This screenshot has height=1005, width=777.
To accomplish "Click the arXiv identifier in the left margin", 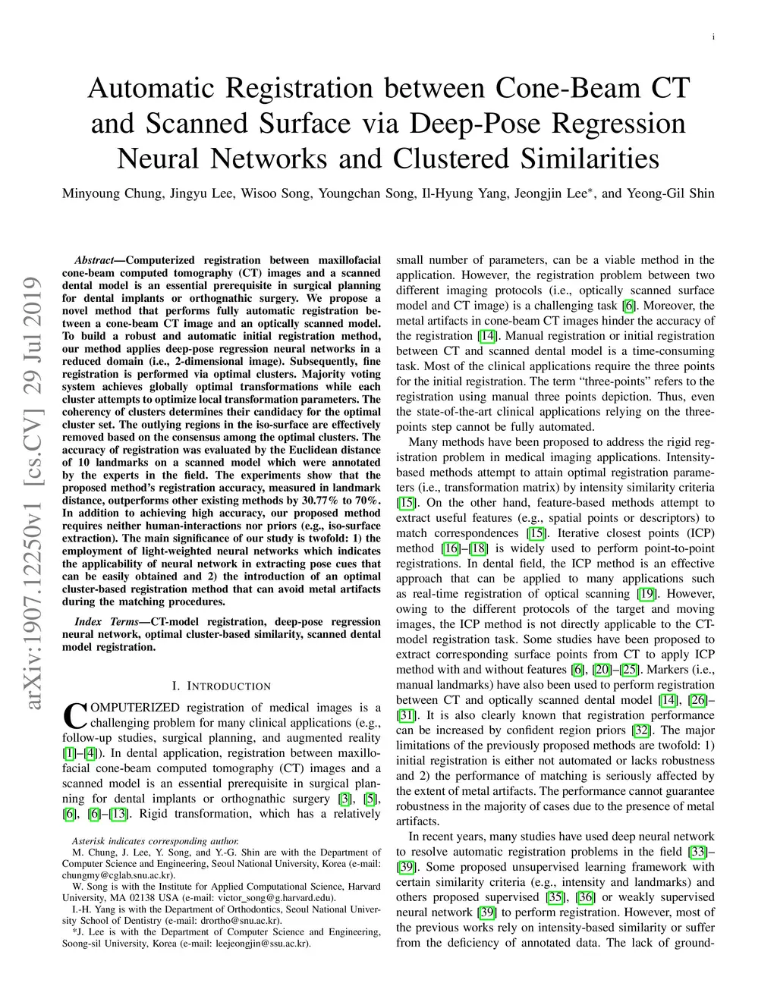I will coord(33,493).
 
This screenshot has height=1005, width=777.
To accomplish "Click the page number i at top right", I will coord(713,37).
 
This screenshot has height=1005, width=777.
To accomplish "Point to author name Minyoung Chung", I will coord(112,193).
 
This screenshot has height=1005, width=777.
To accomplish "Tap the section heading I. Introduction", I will coord(221,686).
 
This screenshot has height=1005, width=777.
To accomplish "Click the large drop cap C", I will coord(74,715).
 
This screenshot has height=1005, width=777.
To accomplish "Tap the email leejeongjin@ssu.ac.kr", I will coord(260,944).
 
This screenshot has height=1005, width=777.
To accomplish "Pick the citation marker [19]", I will coord(646,594).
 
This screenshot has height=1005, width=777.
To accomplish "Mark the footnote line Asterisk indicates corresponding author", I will coord(155,841).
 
